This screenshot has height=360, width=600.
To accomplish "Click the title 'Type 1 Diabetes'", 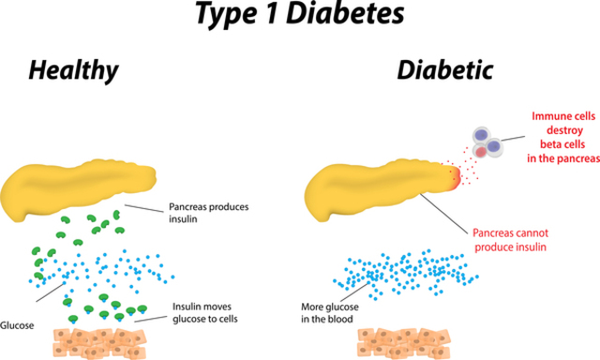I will tap(300, 14).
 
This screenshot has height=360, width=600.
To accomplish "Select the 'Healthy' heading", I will tap(72, 71).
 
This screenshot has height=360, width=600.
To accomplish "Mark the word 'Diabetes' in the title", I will tap(354, 14).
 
